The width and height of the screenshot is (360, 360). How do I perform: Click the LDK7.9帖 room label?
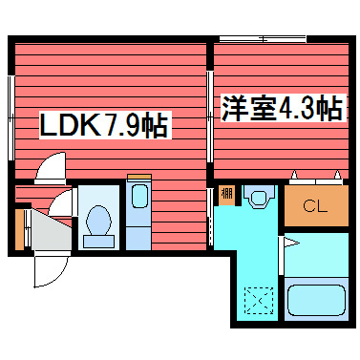[x=102, y=125]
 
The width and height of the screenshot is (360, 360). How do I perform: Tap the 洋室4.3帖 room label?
[x=282, y=107]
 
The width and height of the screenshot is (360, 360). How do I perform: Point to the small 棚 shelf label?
[x=226, y=195]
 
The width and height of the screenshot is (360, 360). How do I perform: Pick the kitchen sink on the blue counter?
[x=138, y=200]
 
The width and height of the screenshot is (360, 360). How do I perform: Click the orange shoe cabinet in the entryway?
[x=20, y=228]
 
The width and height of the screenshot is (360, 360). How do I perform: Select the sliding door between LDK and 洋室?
[x=210, y=116]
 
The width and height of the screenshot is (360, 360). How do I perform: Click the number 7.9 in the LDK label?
[x=120, y=125]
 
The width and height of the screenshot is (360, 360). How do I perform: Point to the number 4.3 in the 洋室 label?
[x=297, y=107]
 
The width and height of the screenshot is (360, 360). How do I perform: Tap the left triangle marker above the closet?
[x=296, y=175]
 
